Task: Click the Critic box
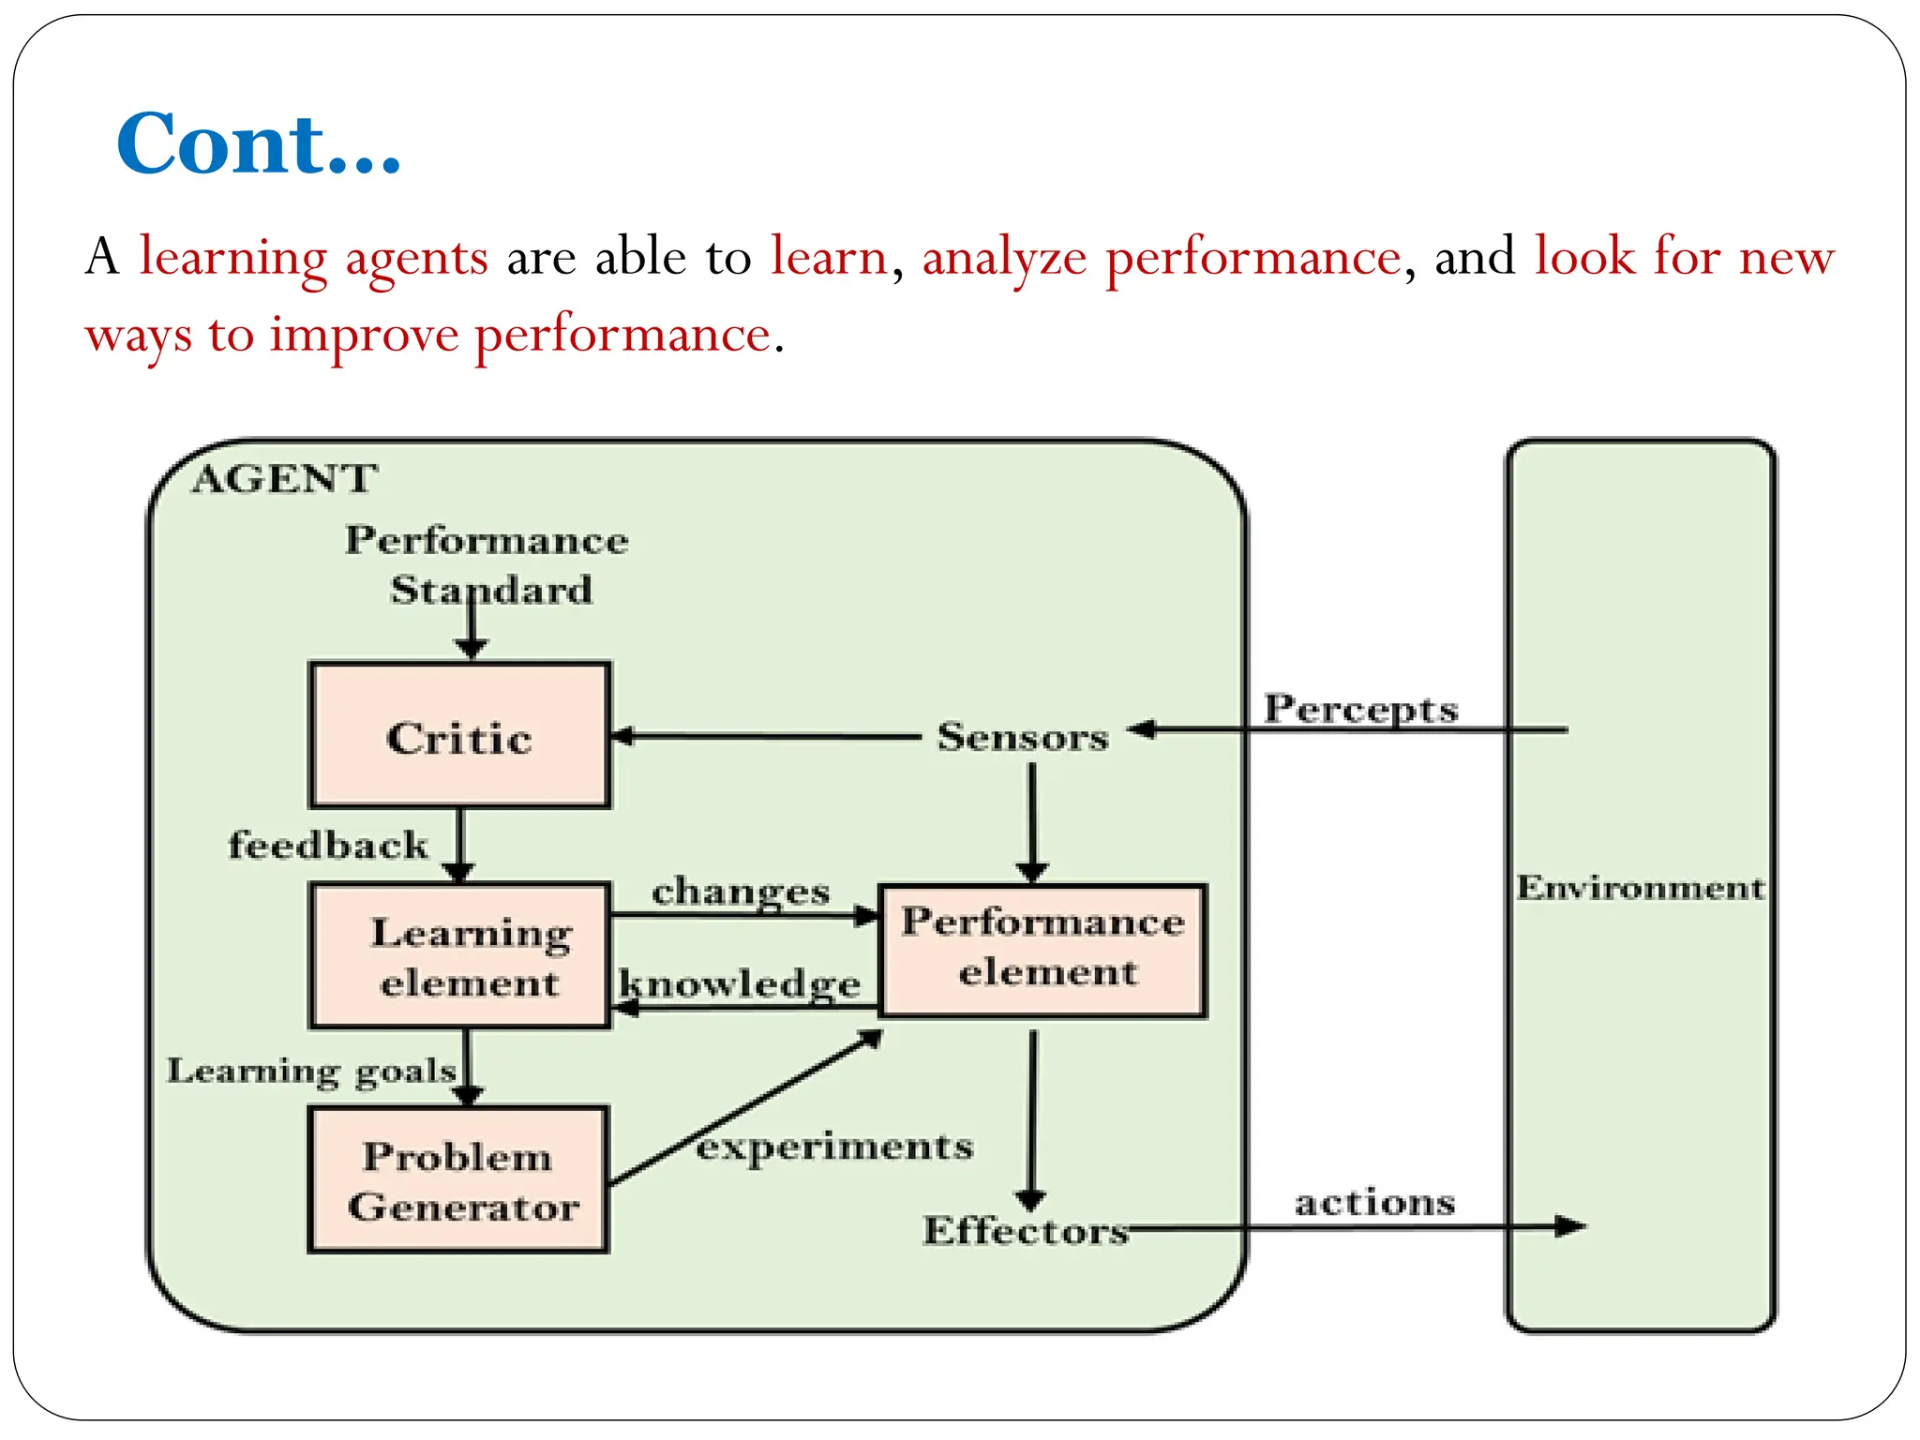coord(459,736)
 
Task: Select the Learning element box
coord(459,956)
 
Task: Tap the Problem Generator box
coord(459,1180)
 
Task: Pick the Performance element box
coord(1042,949)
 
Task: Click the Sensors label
coord(1023,737)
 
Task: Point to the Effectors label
coord(1026,1231)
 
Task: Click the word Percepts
coord(1360,709)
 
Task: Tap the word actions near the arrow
coord(1374,1202)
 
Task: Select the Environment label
coord(1640,887)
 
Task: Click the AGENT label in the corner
coord(284,479)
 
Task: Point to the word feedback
coord(328,845)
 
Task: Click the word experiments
coord(834,1147)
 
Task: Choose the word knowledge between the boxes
coord(740,984)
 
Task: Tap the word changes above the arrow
coord(741,892)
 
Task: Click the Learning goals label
coord(311,1071)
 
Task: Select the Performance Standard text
coord(487,564)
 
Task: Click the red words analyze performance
coord(1162,257)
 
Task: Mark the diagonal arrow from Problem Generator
coord(745,1109)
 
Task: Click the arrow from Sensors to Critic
coord(764,737)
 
